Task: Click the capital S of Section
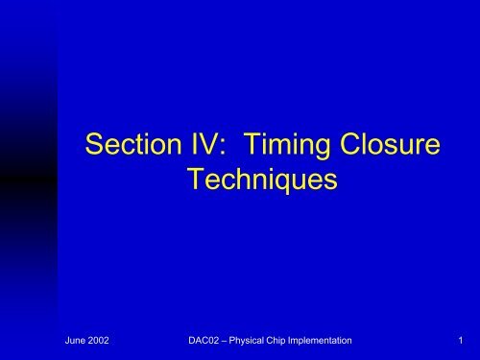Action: point(93,147)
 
